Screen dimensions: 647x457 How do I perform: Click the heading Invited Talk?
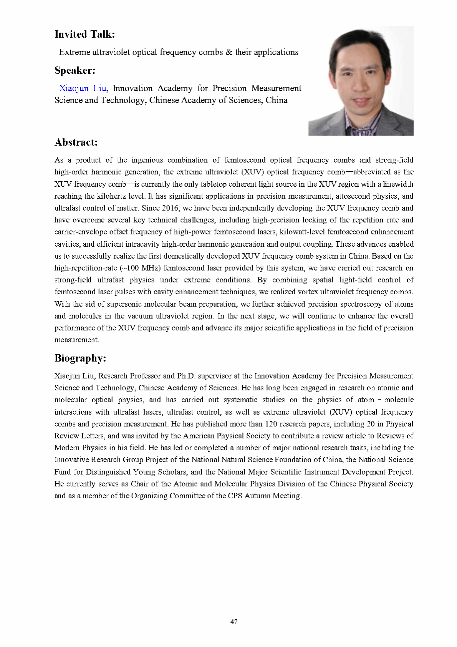point(84,34)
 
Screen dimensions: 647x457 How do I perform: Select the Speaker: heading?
point(75,70)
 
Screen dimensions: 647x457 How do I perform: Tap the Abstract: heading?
point(76,142)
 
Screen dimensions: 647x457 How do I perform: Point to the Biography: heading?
point(80,358)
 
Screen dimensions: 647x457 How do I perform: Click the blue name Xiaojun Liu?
point(83,88)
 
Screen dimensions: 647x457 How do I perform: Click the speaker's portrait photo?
point(361,81)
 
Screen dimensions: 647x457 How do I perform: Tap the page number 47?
point(234,621)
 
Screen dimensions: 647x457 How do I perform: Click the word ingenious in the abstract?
point(147,160)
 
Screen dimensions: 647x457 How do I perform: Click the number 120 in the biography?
point(272,424)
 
